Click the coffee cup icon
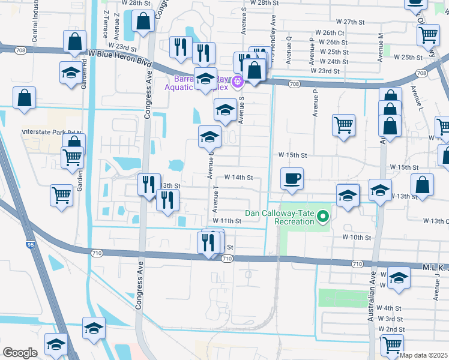pos(292,178)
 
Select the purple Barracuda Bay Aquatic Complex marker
pos(238,80)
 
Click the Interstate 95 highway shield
pos(30,244)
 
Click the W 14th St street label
pos(239,178)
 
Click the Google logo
pos(19,353)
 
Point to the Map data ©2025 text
pos(424,355)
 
